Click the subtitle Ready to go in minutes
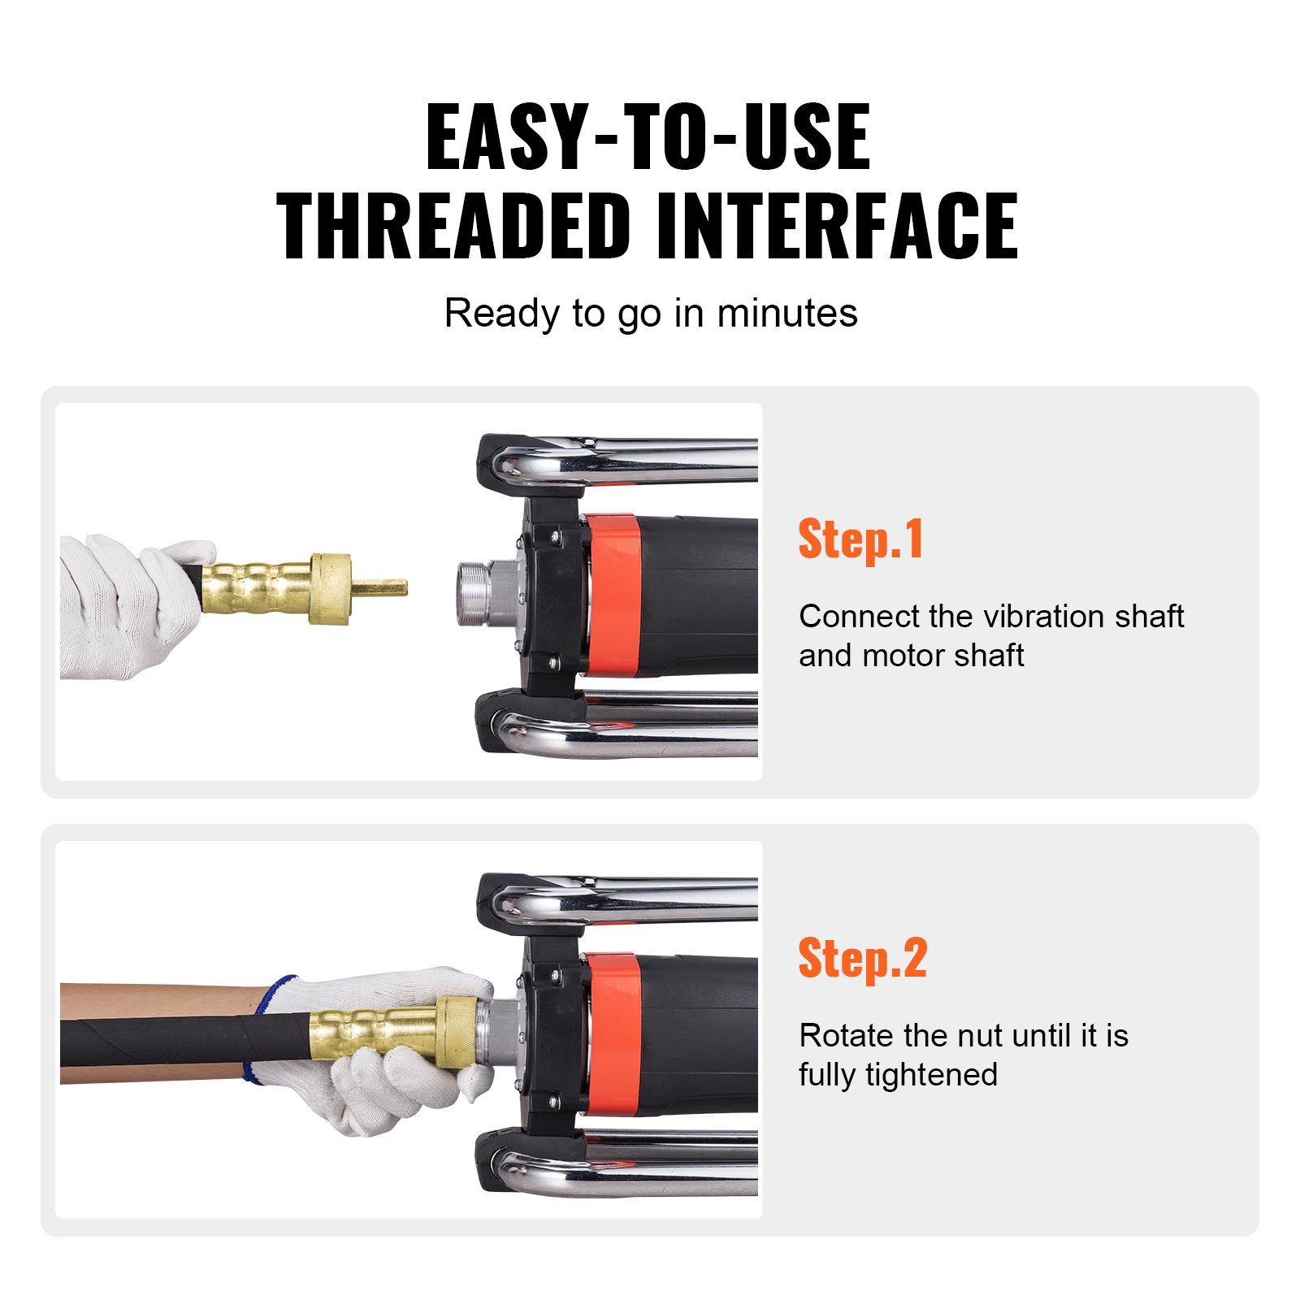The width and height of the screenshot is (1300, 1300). pos(650,314)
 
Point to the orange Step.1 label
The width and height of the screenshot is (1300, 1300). pos(860,540)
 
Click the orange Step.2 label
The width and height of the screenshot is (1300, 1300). pos(862,959)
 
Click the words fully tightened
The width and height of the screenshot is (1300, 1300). pos(898,1075)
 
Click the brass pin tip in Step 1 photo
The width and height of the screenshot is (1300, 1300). pos(381,587)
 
